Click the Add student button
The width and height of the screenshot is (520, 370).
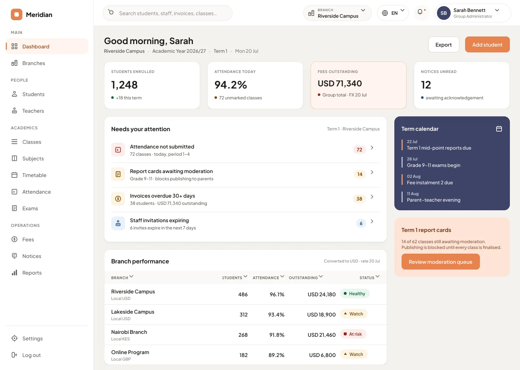pyautogui.click(x=487, y=44)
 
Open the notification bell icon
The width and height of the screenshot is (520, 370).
pyautogui.click(x=420, y=12)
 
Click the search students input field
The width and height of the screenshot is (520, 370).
pyautogui.click(x=168, y=13)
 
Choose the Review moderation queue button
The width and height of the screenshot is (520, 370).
pyautogui.click(x=441, y=262)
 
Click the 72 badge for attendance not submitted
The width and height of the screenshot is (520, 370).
pyautogui.click(x=359, y=150)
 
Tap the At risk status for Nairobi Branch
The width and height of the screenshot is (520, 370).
pyautogui.click(x=353, y=334)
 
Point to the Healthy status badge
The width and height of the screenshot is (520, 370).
pyautogui.click(x=355, y=294)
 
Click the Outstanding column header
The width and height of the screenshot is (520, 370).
pyautogui.click(x=305, y=277)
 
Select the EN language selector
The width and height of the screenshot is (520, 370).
pyautogui.click(x=393, y=13)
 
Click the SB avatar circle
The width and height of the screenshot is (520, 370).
pyautogui.click(x=443, y=13)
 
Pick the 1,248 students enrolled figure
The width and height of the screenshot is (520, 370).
pyautogui.click(x=125, y=85)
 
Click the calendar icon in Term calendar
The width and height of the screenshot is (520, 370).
pyautogui.click(x=499, y=129)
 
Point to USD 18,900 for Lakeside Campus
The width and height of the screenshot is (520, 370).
pyautogui.click(x=321, y=314)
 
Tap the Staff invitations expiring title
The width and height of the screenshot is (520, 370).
pyautogui.click(x=159, y=220)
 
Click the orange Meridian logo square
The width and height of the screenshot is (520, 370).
pyautogui.click(x=17, y=14)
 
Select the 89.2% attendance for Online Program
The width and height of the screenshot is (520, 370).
pyautogui.click(x=276, y=355)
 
